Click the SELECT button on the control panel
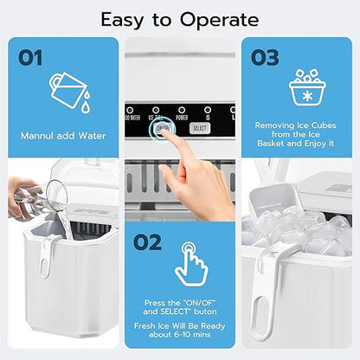pyautogui.click(x=200, y=127)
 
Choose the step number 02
pyautogui.click(x=147, y=242)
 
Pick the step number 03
pyautogui.click(x=266, y=57)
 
